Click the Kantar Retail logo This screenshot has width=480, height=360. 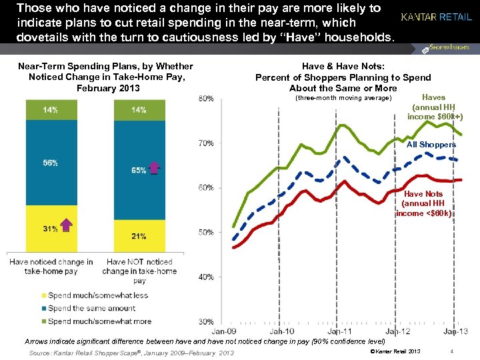tap(436, 17)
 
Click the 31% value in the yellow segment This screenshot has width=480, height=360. tap(50, 229)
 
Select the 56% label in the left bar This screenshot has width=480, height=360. tap(50, 163)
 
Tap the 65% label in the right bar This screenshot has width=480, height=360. tap(139, 171)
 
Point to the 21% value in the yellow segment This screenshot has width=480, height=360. tap(139, 236)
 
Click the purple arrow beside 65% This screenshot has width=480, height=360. tap(155, 169)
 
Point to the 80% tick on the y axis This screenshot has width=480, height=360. tap(206, 99)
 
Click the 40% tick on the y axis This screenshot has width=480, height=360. tap(206, 277)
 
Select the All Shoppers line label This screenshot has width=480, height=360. tap(431, 145)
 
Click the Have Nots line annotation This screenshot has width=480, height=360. tap(424, 203)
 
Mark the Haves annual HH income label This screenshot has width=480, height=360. tap(434, 107)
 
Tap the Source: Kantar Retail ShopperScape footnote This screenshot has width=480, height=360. tap(131, 353)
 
